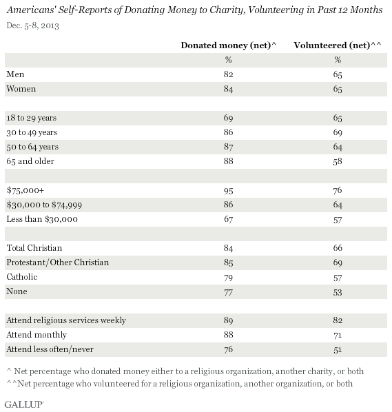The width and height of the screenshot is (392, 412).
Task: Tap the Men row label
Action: (x=15, y=74)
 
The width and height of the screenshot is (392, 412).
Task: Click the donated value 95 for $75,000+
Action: (x=228, y=190)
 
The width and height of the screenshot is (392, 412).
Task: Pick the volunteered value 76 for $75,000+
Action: (x=338, y=190)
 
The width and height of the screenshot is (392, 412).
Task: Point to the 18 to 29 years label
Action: (x=32, y=118)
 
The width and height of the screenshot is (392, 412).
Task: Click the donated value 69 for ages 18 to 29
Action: (x=228, y=118)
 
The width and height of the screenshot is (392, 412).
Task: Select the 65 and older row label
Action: (x=30, y=161)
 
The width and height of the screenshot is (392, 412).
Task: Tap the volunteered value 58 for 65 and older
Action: (x=338, y=161)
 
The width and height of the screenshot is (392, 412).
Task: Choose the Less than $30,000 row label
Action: (x=42, y=219)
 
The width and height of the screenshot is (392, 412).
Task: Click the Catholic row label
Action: (x=22, y=277)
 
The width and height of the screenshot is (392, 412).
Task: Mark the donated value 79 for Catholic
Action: (x=228, y=278)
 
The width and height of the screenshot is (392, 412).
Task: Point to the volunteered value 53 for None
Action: (x=338, y=292)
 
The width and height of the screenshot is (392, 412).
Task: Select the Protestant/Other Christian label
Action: (x=58, y=262)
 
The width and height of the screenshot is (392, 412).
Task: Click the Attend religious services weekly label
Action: (x=66, y=320)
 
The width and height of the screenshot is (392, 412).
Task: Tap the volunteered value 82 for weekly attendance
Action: (x=338, y=320)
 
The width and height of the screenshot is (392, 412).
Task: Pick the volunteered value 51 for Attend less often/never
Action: (x=338, y=350)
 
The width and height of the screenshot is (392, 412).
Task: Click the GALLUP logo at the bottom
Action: (x=24, y=404)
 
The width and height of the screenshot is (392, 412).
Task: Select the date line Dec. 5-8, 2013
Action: (x=33, y=25)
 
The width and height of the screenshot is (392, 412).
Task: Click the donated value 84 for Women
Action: (x=228, y=90)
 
